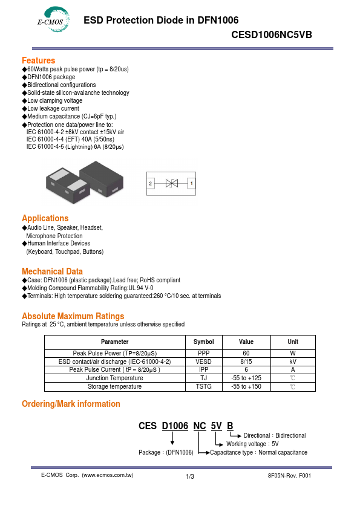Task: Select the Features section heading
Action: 38,60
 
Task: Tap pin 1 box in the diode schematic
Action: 192,183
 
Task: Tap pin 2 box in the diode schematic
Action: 150,183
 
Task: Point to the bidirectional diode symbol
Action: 171,183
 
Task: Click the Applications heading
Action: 45,218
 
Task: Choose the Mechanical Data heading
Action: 52,271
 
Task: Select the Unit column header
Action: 292,342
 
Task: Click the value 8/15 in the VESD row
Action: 246,361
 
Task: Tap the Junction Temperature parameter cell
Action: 114,378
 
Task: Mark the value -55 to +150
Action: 246,386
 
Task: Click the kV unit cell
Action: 292,361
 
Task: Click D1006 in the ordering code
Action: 175,426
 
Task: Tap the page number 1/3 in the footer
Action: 190,477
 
